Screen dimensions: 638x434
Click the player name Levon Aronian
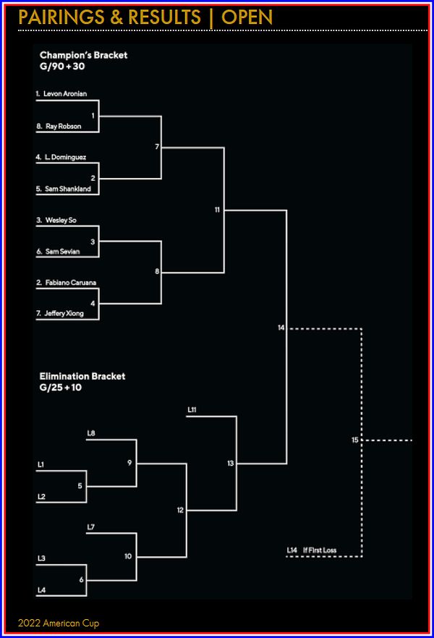pos(65,94)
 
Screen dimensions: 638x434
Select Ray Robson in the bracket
pos(63,126)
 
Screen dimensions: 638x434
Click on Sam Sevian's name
pos(62,251)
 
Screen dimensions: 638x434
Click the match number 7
pos(157,147)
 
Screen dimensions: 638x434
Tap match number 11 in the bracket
pos(217,210)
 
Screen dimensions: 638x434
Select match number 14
pos(281,328)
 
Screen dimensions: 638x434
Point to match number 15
pos(354,440)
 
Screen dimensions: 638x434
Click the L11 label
pos(192,410)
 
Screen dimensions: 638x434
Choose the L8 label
pos(91,433)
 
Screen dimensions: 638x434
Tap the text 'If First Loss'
pos(320,550)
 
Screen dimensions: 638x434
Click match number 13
pos(230,463)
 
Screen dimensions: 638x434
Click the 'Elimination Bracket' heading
pos(82,376)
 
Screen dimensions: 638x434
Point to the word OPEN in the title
pos(247,17)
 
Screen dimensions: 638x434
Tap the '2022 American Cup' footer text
pos(59,623)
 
